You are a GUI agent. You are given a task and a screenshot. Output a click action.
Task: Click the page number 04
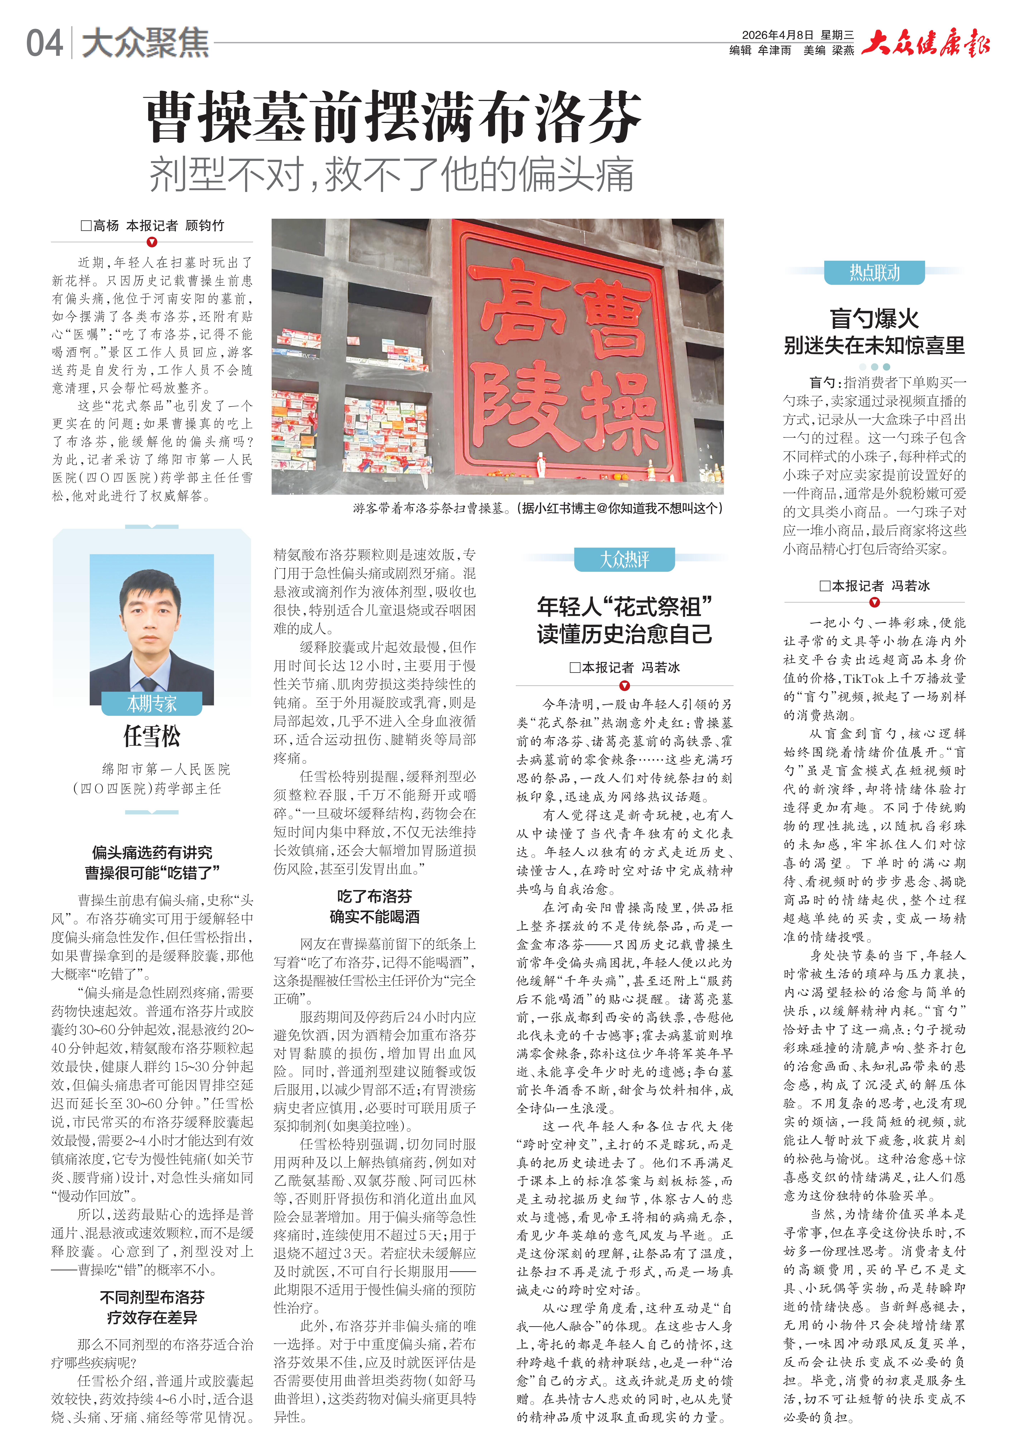(44, 43)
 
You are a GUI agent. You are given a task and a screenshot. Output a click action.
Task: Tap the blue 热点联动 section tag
(874, 273)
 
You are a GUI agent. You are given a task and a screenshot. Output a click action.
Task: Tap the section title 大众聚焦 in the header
(145, 43)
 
